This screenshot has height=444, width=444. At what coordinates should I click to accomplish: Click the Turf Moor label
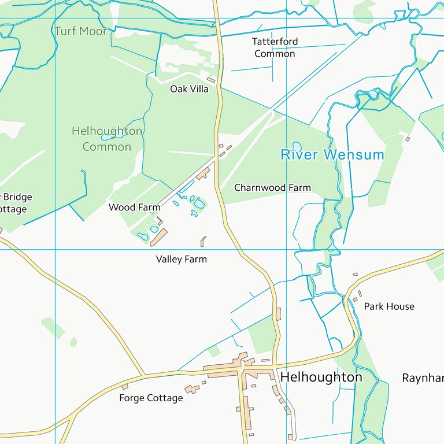point(80,31)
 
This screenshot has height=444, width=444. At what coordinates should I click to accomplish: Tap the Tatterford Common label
point(275,47)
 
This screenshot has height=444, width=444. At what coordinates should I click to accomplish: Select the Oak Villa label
point(189,89)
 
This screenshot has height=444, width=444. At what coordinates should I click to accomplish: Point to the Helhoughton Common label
point(107,139)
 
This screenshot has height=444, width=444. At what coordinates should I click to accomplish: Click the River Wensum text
point(332,154)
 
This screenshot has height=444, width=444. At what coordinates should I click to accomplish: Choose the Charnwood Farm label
point(272,188)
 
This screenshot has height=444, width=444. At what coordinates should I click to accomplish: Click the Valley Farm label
point(181,260)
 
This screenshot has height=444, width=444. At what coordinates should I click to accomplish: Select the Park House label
point(389,306)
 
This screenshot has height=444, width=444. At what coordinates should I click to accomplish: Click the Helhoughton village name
point(321,377)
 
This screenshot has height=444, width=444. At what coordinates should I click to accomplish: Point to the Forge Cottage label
point(151,398)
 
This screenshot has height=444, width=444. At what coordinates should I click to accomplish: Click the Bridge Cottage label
point(14,203)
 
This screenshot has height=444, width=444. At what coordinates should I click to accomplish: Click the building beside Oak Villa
point(211,80)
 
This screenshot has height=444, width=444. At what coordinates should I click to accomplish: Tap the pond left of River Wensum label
point(297,146)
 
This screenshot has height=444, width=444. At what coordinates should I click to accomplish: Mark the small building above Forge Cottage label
point(125,386)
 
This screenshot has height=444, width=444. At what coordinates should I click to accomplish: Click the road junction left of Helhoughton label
point(239,370)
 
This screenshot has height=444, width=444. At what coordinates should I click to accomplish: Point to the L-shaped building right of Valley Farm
point(203,240)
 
